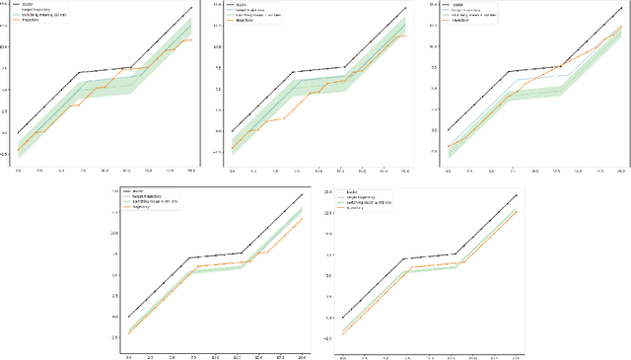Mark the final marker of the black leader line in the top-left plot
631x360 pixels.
[x=191, y=8]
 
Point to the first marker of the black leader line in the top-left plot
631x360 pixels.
[x=19, y=132]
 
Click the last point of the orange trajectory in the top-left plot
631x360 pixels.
[x=191, y=39]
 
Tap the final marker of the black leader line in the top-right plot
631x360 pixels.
[x=620, y=9]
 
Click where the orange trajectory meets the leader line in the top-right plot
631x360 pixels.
[x=561, y=67]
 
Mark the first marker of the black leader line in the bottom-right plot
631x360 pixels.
[x=343, y=318]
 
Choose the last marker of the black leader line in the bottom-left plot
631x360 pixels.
[x=302, y=194]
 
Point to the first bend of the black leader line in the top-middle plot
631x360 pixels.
[x=293, y=72]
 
